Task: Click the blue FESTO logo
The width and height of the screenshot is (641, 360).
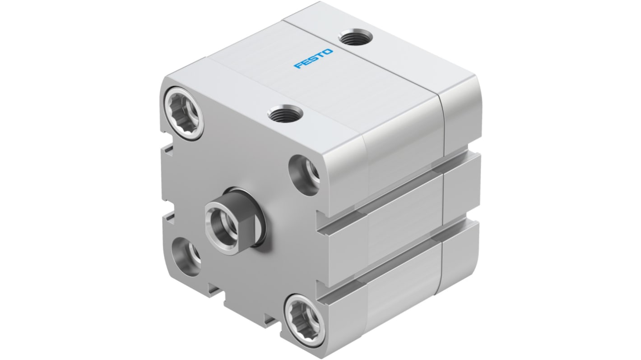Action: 314,59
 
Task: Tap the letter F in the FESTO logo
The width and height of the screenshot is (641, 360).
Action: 298,67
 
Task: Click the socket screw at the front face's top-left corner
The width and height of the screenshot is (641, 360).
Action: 182,110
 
